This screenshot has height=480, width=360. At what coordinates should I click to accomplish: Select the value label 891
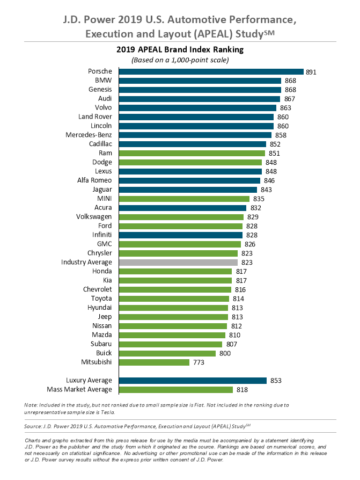(x=312, y=71)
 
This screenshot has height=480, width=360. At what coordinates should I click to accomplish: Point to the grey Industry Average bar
(x=178, y=263)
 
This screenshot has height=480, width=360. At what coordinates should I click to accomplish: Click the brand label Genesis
(x=100, y=90)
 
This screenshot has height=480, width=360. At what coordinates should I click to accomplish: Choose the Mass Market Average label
(x=79, y=390)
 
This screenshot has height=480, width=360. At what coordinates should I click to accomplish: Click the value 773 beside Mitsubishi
(x=197, y=362)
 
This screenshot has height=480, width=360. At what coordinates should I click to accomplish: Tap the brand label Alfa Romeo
(x=94, y=180)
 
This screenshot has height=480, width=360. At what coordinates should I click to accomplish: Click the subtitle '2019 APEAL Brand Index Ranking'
(x=180, y=49)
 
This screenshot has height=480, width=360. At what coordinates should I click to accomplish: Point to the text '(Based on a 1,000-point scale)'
(x=180, y=60)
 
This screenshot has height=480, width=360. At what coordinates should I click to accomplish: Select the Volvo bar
(x=197, y=108)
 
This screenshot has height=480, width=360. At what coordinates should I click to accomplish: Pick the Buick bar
(x=167, y=353)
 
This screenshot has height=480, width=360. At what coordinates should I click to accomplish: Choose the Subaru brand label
(x=100, y=344)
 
